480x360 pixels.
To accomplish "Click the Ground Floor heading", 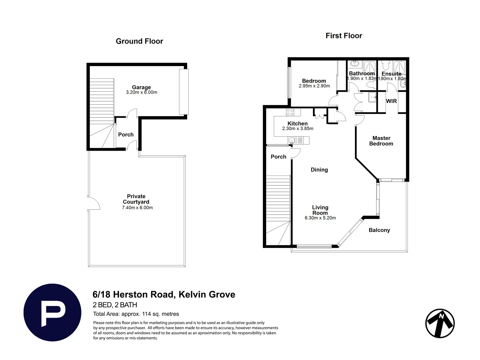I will pos(139,41).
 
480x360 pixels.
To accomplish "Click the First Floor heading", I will pos(344,36).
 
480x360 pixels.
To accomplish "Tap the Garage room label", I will pos(141,87).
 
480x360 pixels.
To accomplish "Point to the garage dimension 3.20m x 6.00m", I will pos(141,92).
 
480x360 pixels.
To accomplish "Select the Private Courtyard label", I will pos(136,199).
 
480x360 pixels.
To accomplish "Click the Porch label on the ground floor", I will pos(126,135).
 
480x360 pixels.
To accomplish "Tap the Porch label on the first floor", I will pos(279,157).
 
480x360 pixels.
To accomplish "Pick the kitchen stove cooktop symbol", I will pos(290,112).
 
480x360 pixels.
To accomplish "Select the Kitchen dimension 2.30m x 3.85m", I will pos(298,129).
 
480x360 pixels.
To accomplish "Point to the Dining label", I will pos(319,170).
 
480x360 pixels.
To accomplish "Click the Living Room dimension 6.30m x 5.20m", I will pos(320,218).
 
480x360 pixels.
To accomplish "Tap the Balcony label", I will pos(379,230).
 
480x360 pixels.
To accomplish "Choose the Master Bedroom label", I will pos(381,141).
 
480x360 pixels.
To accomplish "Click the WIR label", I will pos(391,101).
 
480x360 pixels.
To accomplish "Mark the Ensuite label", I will pos(392,74).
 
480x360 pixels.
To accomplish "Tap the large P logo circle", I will pos(52,313).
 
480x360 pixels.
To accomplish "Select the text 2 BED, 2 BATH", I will pos(115,305).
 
